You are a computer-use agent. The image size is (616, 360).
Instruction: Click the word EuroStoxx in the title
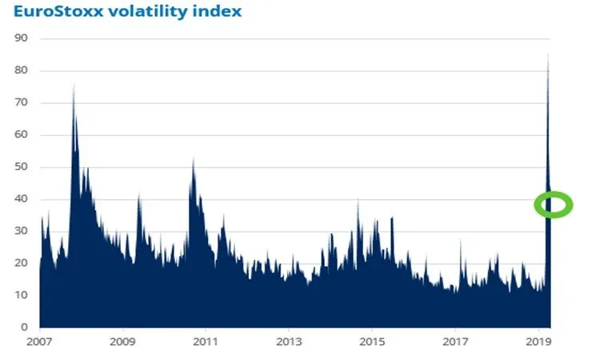pyautogui.click(x=58, y=12)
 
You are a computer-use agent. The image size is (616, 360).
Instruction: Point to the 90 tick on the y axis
pyautogui.click(x=22, y=38)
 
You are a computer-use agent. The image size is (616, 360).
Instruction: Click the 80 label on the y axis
pyautogui.click(x=22, y=70)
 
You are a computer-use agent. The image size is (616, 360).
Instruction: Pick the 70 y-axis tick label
pyautogui.click(x=22, y=102)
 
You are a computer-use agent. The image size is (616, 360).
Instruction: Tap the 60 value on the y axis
pyautogui.click(x=22, y=134)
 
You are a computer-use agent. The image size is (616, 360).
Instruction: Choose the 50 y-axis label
pyautogui.click(x=22, y=166)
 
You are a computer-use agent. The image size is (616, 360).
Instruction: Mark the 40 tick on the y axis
pyautogui.click(x=22, y=199)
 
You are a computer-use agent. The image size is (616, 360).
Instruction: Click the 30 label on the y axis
pyautogui.click(x=22, y=231)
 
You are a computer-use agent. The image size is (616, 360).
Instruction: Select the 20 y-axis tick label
pyautogui.click(x=22, y=263)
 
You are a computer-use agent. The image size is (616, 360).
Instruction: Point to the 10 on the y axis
pyautogui.click(x=22, y=295)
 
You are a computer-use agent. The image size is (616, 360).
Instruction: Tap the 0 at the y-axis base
pyautogui.click(x=25, y=327)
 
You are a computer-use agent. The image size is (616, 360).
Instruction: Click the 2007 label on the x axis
pyautogui.click(x=40, y=342)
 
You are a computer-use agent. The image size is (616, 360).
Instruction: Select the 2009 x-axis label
pyautogui.click(x=122, y=342)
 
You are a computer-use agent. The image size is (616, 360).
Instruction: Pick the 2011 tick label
pyautogui.click(x=206, y=342)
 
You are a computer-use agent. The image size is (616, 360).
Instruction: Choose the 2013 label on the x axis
pyautogui.click(x=289, y=342)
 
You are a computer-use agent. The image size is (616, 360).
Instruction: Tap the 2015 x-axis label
pyautogui.click(x=372, y=342)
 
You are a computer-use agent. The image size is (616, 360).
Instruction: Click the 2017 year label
pyautogui.click(x=455, y=342)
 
